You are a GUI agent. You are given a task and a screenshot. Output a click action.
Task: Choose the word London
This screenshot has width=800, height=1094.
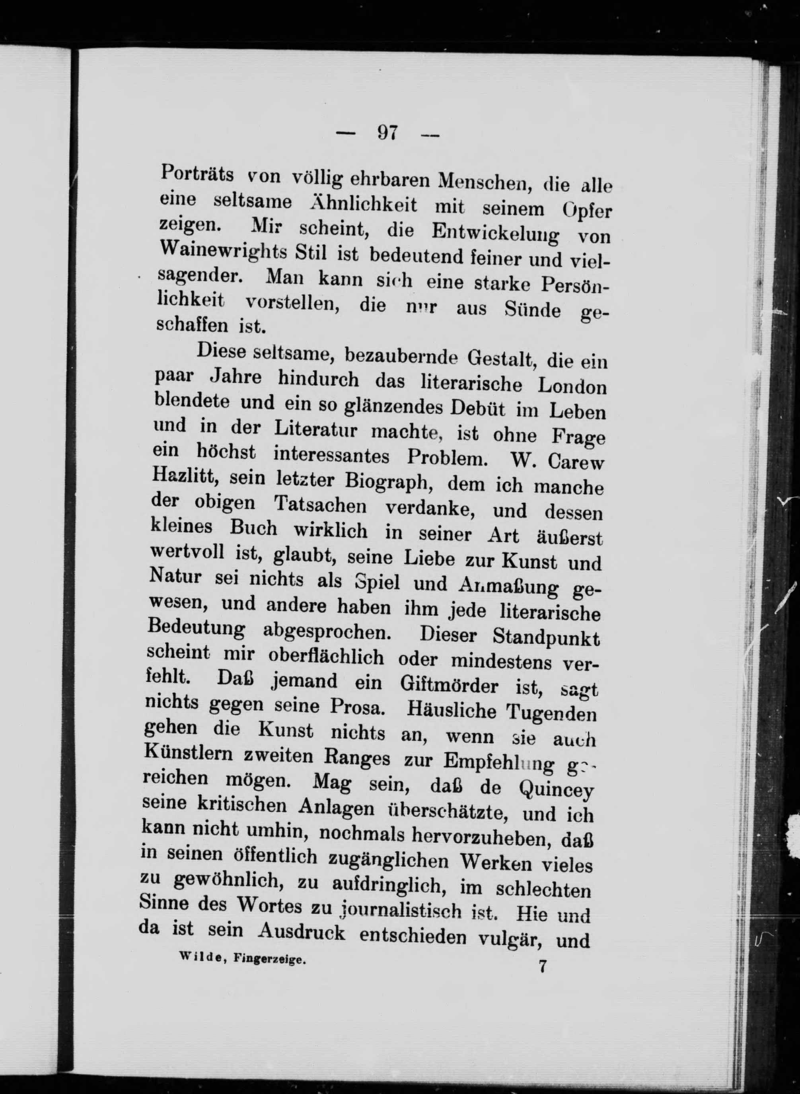pyautogui.click(x=572, y=386)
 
